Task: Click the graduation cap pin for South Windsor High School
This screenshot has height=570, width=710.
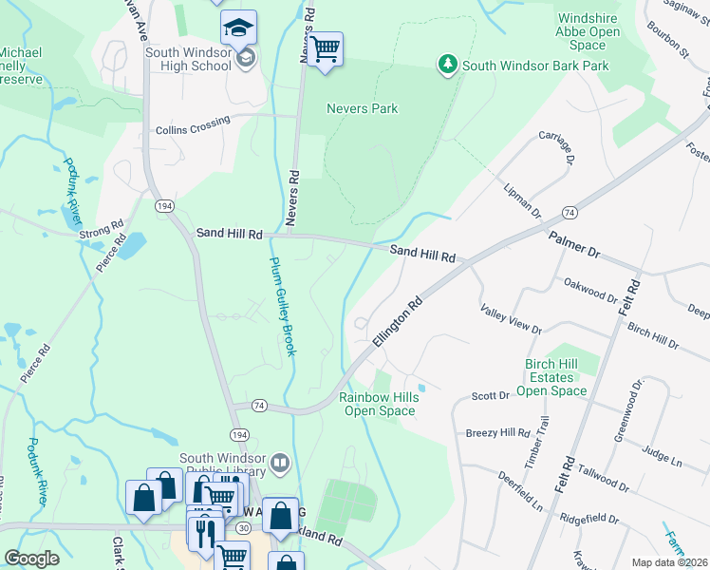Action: [238, 28]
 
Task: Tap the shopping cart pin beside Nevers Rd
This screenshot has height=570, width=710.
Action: [325, 48]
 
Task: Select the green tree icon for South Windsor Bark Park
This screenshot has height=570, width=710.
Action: [447, 66]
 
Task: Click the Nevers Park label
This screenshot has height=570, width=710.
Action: [362, 108]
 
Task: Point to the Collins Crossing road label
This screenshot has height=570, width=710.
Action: [193, 124]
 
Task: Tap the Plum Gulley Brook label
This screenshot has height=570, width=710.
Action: [284, 307]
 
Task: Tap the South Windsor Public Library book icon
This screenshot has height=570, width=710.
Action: [280, 464]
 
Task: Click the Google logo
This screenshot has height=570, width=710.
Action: [31, 559]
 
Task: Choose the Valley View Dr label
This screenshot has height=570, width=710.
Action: [510, 320]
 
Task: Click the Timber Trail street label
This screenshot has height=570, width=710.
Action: [543, 442]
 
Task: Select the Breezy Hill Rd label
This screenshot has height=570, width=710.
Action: [497, 433]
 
